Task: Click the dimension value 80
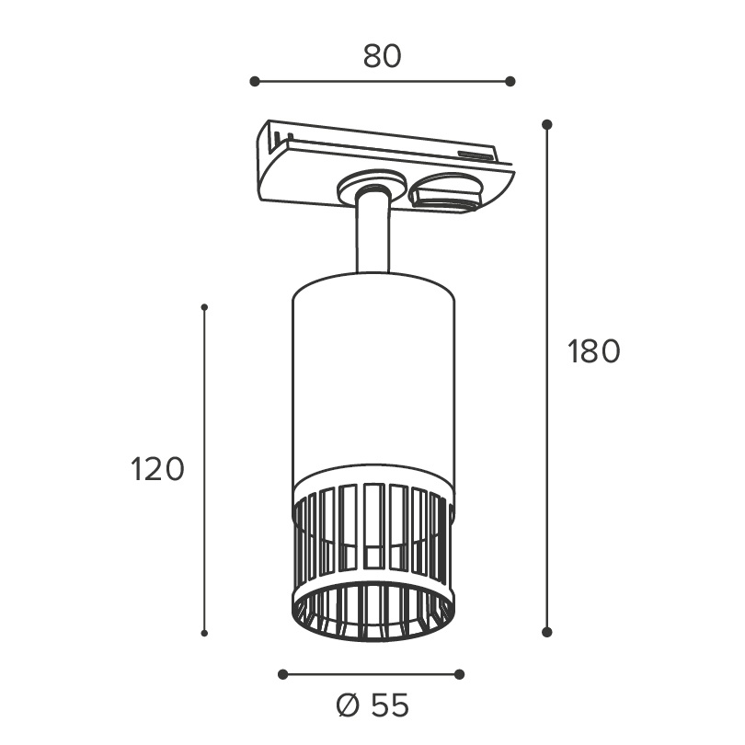pyautogui.click(x=382, y=56)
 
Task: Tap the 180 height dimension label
pyautogui.click(x=594, y=351)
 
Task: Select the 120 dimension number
pyautogui.click(x=157, y=469)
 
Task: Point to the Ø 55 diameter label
pyautogui.click(x=372, y=705)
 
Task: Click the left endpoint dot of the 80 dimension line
pyautogui.click(x=255, y=81)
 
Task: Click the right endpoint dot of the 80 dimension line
pyautogui.click(x=510, y=81)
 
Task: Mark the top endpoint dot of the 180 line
pyautogui.click(x=547, y=124)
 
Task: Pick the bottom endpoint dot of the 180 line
pyautogui.click(x=547, y=632)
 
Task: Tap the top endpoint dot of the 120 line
pyautogui.click(x=204, y=307)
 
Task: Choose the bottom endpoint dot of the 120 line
pyautogui.click(x=204, y=633)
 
